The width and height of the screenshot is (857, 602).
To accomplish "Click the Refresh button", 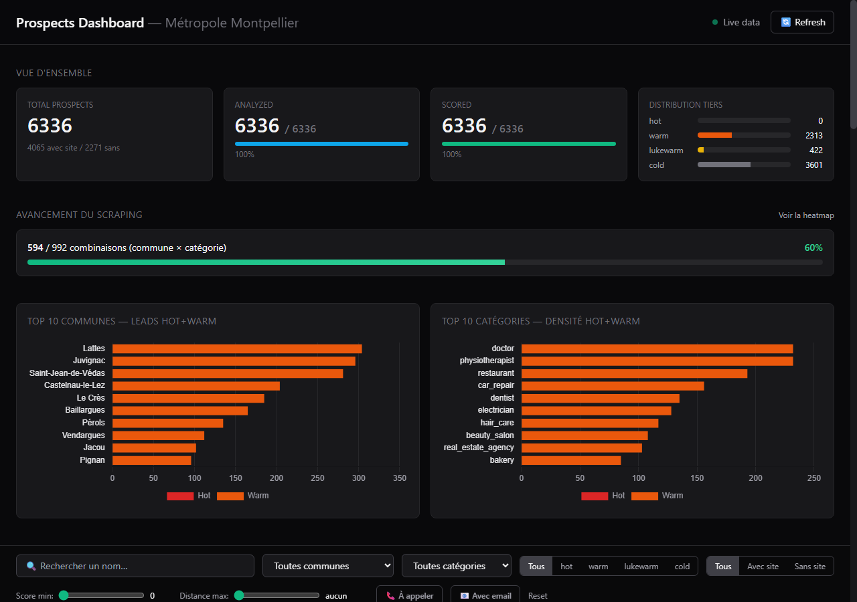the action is point(802,22).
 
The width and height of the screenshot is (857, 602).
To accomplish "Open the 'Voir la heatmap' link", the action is point(806,215).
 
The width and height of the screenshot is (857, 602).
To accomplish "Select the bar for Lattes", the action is point(237,348).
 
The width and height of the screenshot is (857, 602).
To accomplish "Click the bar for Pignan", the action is point(151,460).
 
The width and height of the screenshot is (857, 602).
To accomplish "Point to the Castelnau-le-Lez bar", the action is point(196,386).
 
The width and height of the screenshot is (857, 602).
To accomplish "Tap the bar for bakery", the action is point(571,460).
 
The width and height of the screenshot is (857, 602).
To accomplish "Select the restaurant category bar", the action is point(634,373).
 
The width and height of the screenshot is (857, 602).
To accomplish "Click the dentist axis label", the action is point(502,398).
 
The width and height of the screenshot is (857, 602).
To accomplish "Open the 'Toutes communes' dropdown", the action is point(328,566).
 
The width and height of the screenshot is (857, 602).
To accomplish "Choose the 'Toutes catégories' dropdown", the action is point(457,566).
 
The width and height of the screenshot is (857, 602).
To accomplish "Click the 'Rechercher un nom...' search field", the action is point(135,566).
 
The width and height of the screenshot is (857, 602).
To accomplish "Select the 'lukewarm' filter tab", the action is point(641,566).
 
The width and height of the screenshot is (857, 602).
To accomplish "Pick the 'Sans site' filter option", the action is point(809,566).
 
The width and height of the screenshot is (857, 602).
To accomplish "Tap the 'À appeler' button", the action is point(409,595).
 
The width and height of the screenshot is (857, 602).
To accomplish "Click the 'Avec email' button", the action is point(485,595).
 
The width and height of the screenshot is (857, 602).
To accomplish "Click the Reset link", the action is point(538,595).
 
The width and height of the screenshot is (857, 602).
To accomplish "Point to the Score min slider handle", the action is point(64,595).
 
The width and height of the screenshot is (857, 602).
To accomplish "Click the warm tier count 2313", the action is point(813,136).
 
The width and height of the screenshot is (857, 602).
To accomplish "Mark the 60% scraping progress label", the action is point(813,247).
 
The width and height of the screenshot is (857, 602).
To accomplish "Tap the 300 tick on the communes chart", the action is point(358,478).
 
